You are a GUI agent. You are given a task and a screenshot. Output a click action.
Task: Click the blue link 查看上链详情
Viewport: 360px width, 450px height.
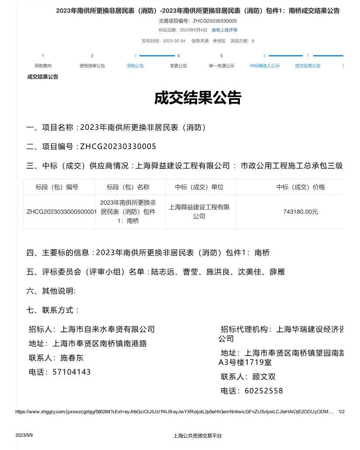(224, 30)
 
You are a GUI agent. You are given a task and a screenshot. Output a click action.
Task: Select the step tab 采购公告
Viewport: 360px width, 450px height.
(135, 66)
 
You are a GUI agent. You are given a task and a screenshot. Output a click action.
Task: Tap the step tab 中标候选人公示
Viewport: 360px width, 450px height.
(264, 66)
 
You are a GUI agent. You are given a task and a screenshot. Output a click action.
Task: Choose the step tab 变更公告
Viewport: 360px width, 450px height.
(178, 66)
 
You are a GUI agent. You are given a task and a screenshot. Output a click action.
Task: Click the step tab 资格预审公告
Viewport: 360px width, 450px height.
(92, 66)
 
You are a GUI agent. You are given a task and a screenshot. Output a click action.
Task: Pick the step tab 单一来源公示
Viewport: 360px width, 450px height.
(222, 66)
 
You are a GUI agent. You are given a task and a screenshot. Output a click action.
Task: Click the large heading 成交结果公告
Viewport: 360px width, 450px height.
(197, 98)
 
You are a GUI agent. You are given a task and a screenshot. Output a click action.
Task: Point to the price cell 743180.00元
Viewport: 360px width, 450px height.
(301, 212)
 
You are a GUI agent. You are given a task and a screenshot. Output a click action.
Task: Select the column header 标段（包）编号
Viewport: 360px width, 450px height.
(57, 187)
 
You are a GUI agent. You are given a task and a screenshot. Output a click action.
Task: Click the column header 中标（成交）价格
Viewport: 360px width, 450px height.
(301, 187)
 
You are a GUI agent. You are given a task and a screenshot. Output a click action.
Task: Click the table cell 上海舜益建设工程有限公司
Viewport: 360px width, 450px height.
(199, 212)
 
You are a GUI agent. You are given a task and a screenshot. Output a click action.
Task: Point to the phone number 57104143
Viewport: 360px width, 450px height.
(72, 372)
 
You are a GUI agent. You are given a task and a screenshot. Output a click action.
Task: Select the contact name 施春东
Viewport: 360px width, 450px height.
(72, 358)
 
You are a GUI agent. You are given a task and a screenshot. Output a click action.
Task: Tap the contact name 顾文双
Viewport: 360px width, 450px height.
(263, 377)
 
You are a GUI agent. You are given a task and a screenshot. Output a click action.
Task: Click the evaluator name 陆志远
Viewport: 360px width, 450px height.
(163, 272)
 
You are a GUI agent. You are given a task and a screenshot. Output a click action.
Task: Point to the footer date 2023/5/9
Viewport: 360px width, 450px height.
(24, 436)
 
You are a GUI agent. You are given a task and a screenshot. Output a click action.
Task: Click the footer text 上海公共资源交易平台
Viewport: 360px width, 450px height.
(197, 436)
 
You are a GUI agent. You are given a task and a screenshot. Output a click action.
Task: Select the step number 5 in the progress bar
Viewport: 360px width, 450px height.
(222, 56)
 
